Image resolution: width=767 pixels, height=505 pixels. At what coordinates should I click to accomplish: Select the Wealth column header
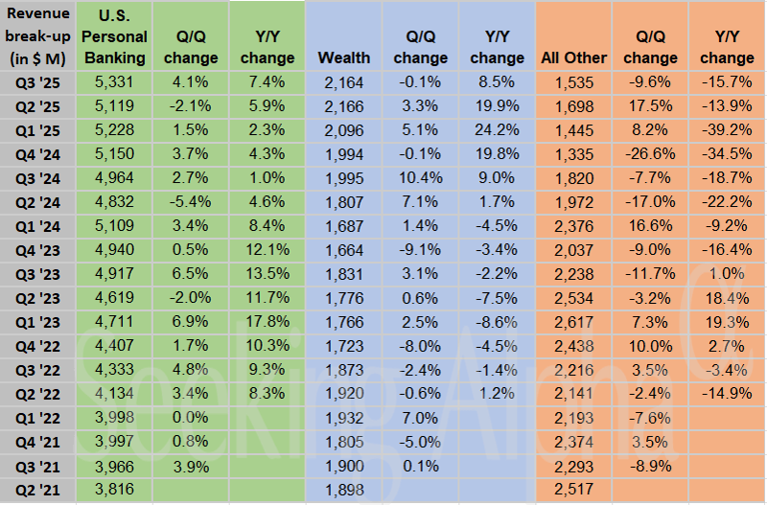click(x=345, y=58)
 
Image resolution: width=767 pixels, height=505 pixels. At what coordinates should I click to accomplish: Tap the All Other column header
click(x=573, y=58)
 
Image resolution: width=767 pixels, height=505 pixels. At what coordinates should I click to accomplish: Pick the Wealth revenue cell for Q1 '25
click(x=345, y=130)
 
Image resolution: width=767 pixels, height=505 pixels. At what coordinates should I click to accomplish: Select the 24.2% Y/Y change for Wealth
click(x=496, y=130)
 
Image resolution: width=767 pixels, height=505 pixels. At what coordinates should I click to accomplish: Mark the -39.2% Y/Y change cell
click(x=727, y=130)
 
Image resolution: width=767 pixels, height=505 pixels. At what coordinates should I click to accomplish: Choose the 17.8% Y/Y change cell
click(x=267, y=322)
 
